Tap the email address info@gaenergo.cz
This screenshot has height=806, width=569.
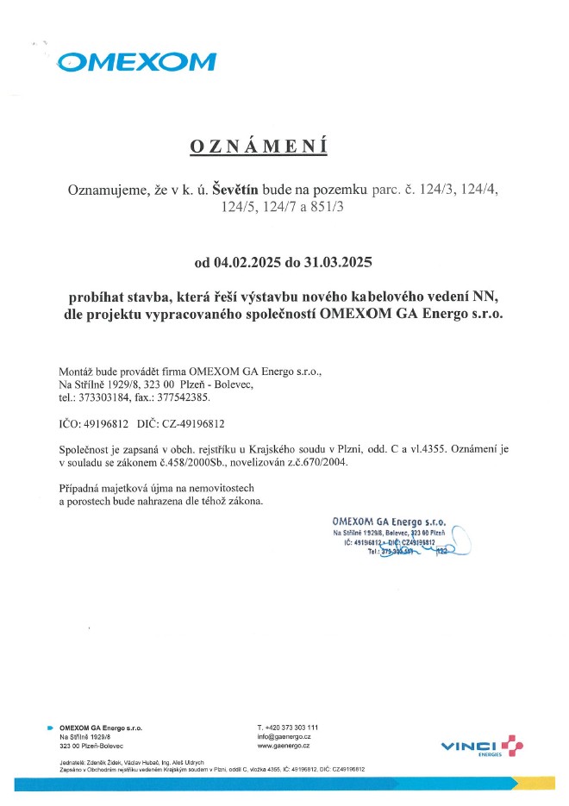pyautogui.click(x=284, y=736)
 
